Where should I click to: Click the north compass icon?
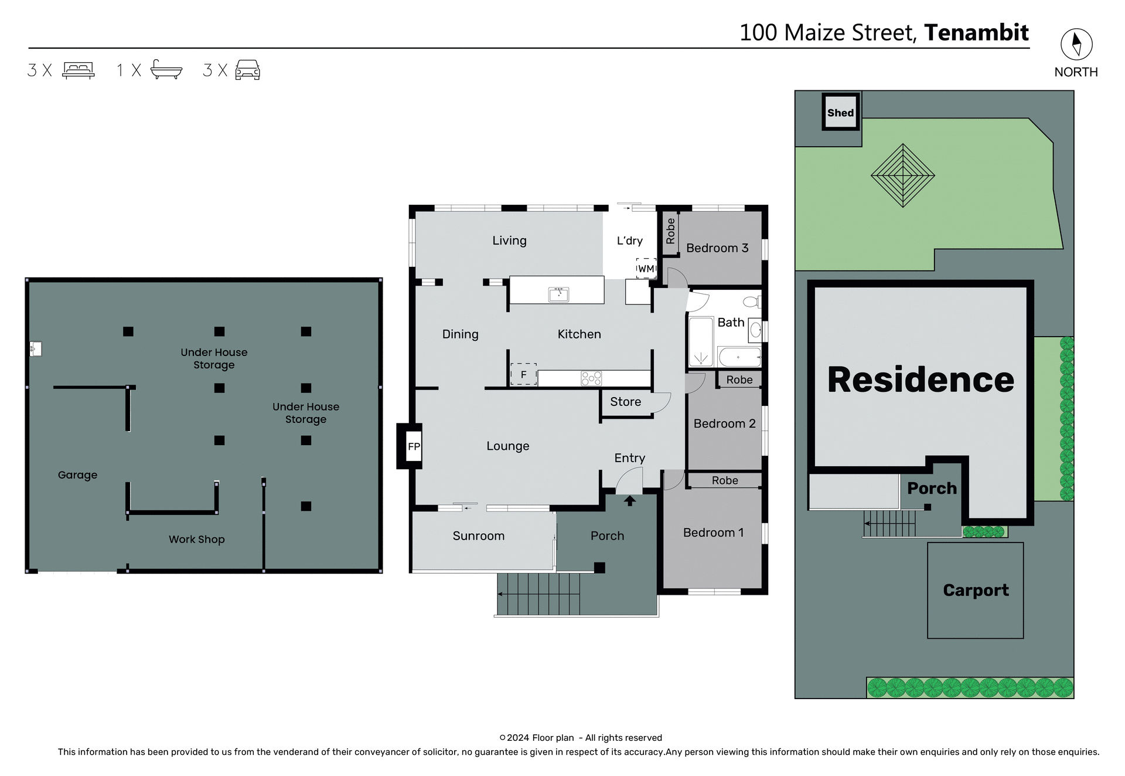[1076, 45]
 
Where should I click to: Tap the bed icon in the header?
[78, 70]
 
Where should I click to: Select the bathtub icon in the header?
[166, 69]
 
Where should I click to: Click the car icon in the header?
[247, 70]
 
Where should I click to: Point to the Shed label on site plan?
[840, 113]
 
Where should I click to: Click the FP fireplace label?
[414, 446]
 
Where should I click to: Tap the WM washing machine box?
[646, 268]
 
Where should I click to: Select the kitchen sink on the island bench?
[558, 293]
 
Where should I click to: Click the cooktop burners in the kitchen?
[591, 378]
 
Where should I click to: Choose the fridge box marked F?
[523, 374]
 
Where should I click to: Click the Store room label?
[625, 402]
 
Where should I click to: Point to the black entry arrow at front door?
[629, 500]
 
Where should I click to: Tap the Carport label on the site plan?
[976, 590]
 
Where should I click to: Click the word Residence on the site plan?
[921, 380]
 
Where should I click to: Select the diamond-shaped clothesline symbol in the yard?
[902, 175]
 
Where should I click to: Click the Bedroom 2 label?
[724, 423]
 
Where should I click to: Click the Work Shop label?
[196, 539]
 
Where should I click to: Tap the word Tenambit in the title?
[976, 33]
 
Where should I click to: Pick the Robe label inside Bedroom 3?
[670, 231]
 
